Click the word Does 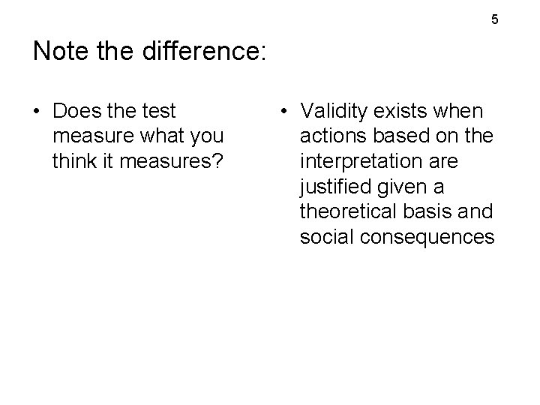coord(77,111)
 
